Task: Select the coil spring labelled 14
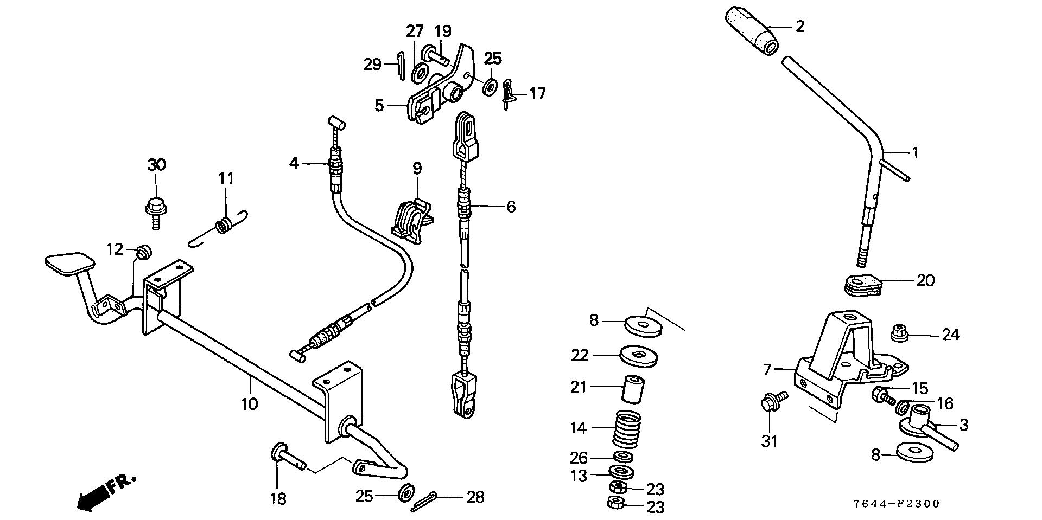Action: click(x=627, y=428)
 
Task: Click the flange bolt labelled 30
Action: click(x=156, y=211)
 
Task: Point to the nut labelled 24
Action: click(x=900, y=332)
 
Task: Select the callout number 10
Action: click(x=250, y=404)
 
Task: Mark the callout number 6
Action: click(x=511, y=207)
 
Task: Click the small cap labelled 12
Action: click(x=143, y=252)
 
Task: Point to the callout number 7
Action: click(x=767, y=370)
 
